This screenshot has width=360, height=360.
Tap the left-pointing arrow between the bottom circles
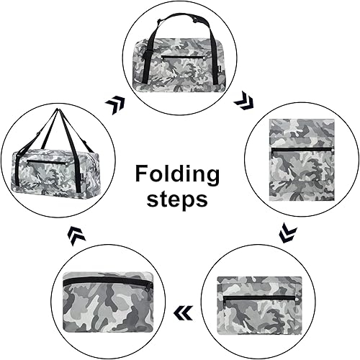183,312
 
